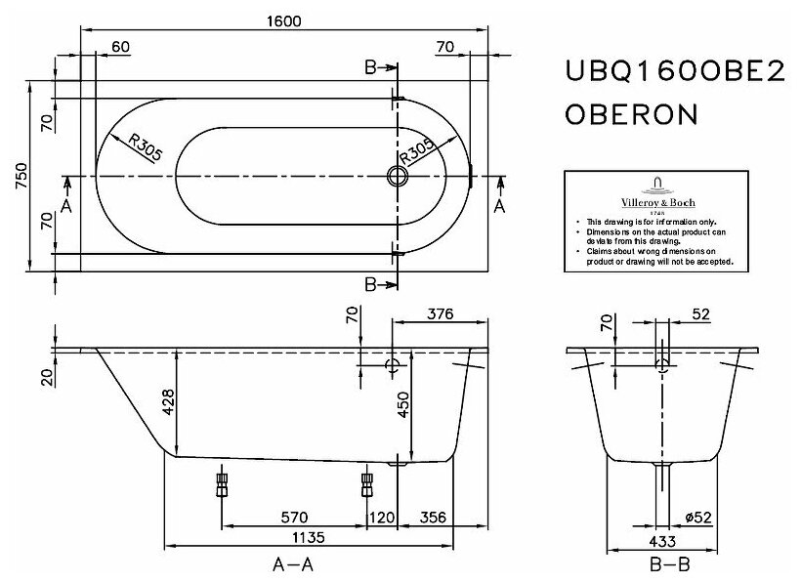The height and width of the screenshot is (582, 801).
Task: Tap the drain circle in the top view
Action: pyautogui.click(x=397, y=177)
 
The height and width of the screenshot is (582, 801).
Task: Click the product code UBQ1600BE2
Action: pyautogui.click(x=675, y=73)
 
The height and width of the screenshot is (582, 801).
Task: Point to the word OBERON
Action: pyautogui.click(x=631, y=114)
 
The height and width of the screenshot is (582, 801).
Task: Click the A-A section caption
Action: pyautogui.click(x=293, y=564)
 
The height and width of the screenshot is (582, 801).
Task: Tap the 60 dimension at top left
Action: pyautogui.click(x=121, y=46)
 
